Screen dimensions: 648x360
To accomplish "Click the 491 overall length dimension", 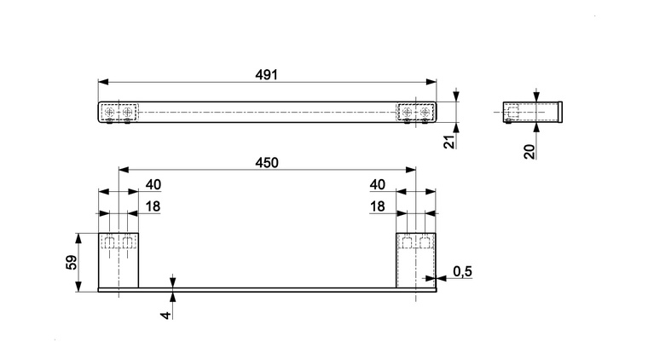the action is coord(266,75).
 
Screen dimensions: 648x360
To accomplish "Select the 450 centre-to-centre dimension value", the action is coord(267,163).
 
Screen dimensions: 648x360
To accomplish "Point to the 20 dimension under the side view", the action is coord(529,152).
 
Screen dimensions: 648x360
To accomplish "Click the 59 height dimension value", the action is coord(72,263).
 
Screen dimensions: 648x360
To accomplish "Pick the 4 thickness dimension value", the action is coord(165,315).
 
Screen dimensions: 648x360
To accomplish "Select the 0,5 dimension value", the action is coord(462,271).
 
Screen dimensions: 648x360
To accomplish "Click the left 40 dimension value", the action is coord(153,185).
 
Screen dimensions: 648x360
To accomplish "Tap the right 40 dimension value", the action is coord(378,185).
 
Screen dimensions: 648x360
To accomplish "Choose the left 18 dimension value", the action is coord(153,206).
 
